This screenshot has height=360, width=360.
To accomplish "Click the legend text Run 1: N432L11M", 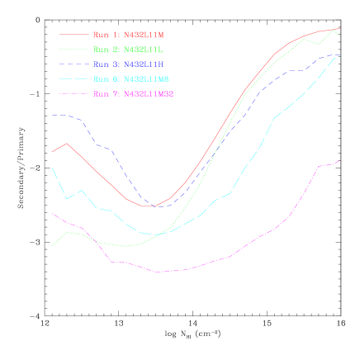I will (x=128, y=35).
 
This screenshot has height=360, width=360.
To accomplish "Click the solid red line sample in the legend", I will (x=73, y=35).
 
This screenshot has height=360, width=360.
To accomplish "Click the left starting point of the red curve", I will (x=52, y=151).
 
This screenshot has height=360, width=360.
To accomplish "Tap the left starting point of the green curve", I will (x=52, y=245).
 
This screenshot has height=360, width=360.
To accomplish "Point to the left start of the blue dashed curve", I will (x=52, y=116).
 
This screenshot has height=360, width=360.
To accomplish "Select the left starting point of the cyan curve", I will (x=52, y=168).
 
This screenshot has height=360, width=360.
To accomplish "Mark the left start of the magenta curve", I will (x=52, y=214).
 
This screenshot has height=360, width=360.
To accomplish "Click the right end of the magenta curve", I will (x=339, y=161).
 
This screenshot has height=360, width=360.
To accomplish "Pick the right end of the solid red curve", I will (x=339, y=28).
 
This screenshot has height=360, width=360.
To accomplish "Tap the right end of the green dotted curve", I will (x=339, y=36).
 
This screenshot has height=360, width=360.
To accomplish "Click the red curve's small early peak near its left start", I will (x=67, y=143).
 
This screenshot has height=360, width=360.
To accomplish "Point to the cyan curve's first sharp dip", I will (x=67, y=199).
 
